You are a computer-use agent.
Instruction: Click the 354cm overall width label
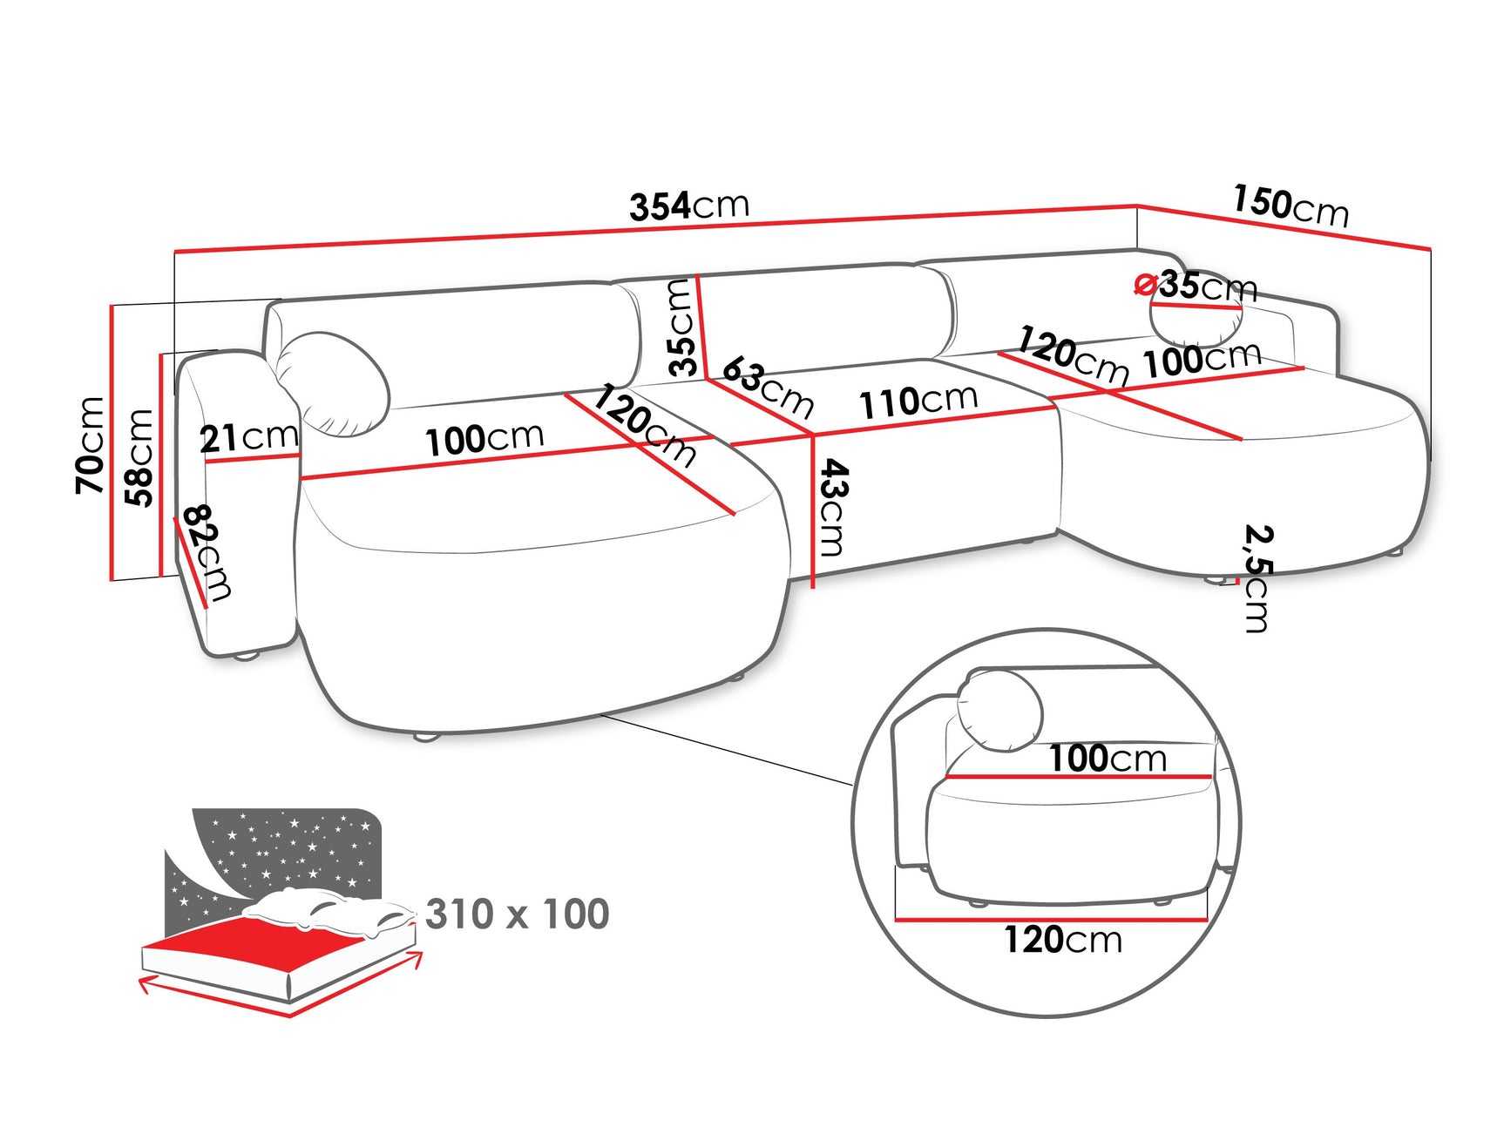coord(689,206)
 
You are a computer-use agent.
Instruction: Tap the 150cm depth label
coord(1290,206)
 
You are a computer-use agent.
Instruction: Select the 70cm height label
coord(91,445)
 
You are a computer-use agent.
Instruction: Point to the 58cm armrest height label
coord(139,457)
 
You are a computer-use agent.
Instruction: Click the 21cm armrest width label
coord(248,437)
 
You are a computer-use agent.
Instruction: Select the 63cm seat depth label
coord(768,387)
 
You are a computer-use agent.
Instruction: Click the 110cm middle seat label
coord(918,401)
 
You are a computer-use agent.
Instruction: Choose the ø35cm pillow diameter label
coord(1197,285)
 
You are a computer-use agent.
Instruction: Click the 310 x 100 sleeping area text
coord(518,914)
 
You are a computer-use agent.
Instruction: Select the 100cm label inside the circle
coord(1107,759)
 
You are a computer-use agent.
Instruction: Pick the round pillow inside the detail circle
coord(999,710)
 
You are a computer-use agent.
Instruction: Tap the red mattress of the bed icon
coord(253,945)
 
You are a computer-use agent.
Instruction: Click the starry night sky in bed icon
coord(288,849)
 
